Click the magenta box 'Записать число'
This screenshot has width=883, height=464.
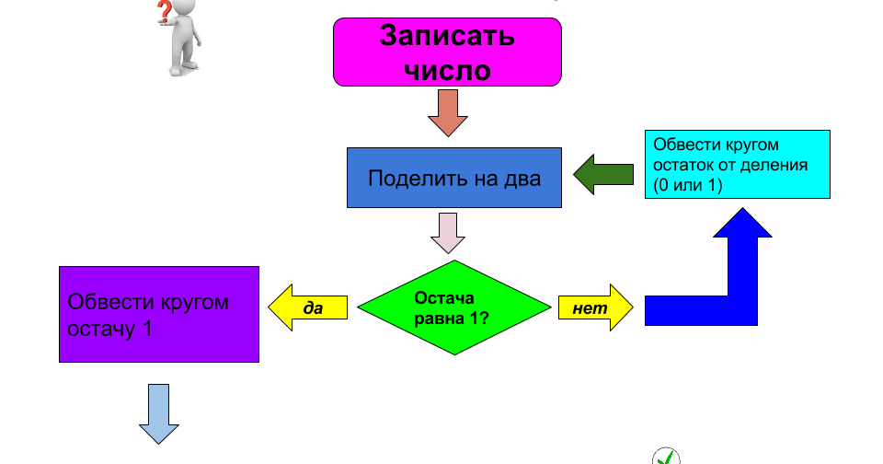tap(447, 52)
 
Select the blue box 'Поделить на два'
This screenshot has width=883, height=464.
tap(454, 178)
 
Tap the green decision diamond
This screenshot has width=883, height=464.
tap(453, 307)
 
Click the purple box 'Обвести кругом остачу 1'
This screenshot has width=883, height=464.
tap(159, 315)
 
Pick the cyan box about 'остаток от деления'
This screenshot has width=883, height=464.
tap(737, 164)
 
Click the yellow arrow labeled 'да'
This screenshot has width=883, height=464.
tap(308, 307)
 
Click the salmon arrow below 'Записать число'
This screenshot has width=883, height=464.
tap(448, 112)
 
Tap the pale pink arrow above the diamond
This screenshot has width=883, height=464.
tap(448, 232)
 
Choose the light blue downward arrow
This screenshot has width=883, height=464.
tap(159, 413)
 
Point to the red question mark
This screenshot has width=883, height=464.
tap(165, 11)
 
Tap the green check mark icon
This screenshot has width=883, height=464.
tap(666, 457)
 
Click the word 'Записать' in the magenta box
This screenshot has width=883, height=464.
tap(447, 36)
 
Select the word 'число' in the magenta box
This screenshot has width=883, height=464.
tap(447, 70)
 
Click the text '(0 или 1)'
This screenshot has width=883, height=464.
tap(688, 185)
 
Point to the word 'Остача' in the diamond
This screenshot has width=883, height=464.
tap(444, 297)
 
